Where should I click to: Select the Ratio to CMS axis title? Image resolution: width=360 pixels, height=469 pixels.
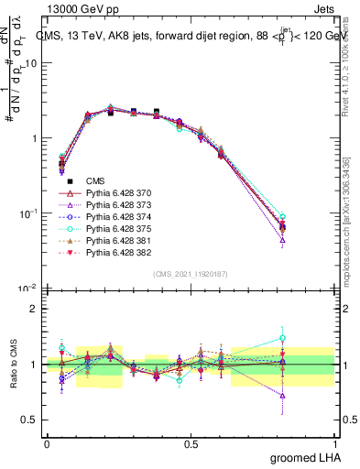click(x=13, y=364)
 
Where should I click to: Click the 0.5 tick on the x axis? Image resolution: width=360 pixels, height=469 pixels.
click(x=191, y=444)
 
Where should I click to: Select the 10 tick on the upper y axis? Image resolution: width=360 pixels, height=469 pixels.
click(x=32, y=63)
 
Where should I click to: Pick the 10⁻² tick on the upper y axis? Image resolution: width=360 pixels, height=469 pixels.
click(x=29, y=289)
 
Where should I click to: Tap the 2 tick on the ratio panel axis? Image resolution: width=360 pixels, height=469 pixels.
click(x=34, y=308)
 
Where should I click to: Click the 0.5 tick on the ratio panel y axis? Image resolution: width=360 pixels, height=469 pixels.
click(x=30, y=420)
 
